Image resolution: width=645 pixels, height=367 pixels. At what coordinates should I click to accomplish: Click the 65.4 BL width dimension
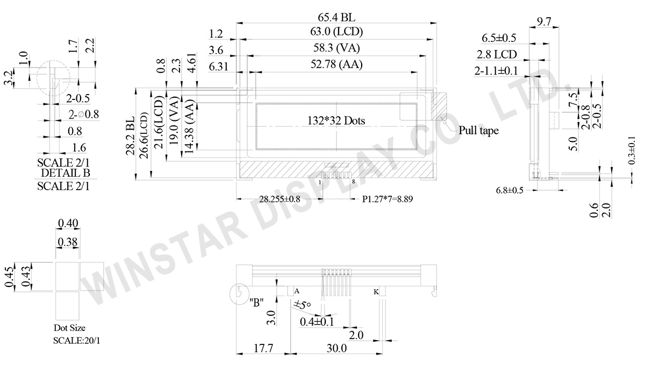click(x=336, y=17)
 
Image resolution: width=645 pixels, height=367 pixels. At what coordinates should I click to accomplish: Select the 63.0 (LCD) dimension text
click(x=336, y=31)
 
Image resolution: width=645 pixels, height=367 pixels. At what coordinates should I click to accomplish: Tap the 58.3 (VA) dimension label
click(x=336, y=48)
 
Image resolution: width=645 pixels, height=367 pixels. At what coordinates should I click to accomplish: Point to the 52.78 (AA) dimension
click(x=336, y=64)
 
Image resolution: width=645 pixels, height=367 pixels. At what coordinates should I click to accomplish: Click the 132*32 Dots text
click(x=336, y=120)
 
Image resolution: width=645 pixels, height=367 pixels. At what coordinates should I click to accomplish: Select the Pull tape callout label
click(x=478, y=131)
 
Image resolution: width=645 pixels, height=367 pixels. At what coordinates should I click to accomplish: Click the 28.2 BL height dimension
click(x=130, y=135)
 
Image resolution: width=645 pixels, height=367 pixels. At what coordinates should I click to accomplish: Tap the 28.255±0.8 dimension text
click(x=279, y=199)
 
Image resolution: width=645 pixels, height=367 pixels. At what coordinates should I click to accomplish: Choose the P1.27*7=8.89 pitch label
click(x=388, y=199)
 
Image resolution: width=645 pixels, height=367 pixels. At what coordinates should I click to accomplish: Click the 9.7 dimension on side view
click(x=544, y=21)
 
